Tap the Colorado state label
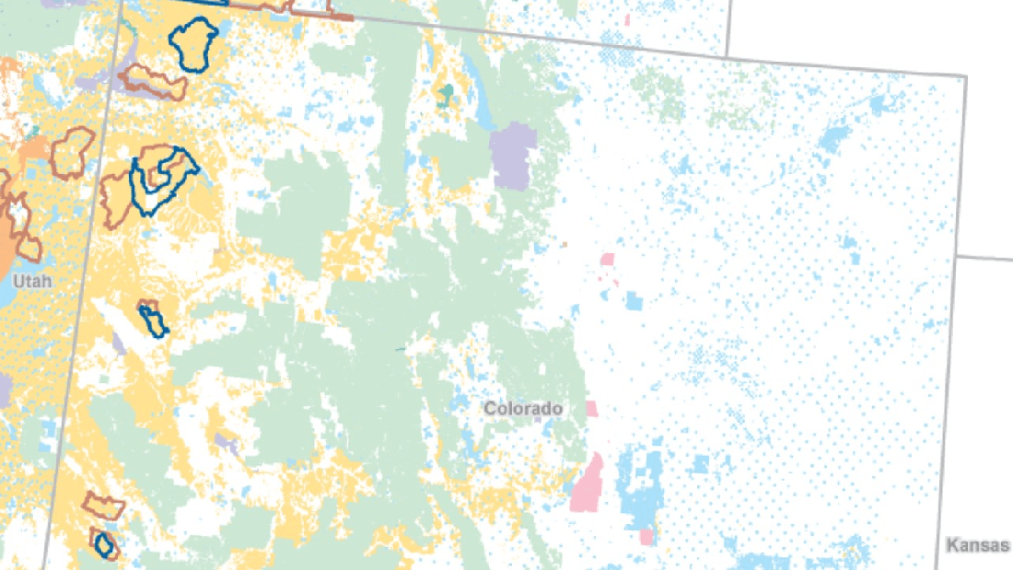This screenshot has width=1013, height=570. click(x=523, y=408)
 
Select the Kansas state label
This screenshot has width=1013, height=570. click(x=977, y=546)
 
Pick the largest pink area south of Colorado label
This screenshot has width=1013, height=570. click(x=587, y=483)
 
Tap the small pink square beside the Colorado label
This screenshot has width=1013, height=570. click(x=591, y=408)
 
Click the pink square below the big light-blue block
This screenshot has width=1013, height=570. click(x=647, y=536)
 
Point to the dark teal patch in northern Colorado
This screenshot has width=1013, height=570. click(x=448, y=95)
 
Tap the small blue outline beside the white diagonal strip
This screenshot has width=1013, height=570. click(x=154, y=320)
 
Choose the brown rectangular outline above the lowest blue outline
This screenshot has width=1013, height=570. click(x=103, y=506)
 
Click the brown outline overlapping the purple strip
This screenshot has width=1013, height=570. click(x=152, y=83)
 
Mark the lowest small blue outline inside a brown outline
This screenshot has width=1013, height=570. click(x=105, y=544)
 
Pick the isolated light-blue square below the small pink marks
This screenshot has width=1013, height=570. click(x=634, y=300)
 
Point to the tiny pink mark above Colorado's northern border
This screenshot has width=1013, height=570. click(x=627, y=18)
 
